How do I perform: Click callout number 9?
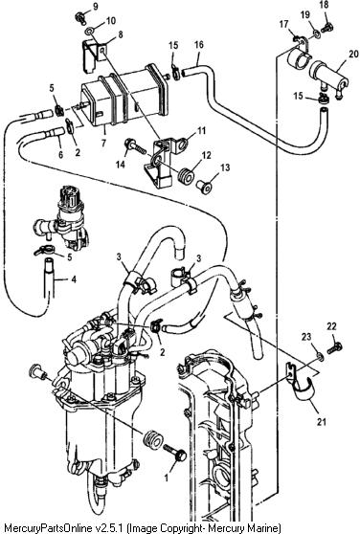pos(95,7)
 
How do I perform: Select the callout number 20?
pos(353,54)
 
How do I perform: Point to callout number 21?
pos(322,422)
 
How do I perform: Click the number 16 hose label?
pos(199,44)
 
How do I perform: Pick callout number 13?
pos(225,167)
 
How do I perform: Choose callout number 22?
pos(331,326)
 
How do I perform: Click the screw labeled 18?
pos(328,27)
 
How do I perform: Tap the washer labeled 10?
pos(88,32)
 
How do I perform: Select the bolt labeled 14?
pos(135,145)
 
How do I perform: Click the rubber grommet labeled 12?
pos(187,176)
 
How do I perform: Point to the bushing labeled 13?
pos(204,187)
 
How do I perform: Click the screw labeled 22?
pos(335,348)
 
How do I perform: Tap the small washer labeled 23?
pos(320,356)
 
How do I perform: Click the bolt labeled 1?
pos(175,452)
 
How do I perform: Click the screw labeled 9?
pos(80,16)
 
